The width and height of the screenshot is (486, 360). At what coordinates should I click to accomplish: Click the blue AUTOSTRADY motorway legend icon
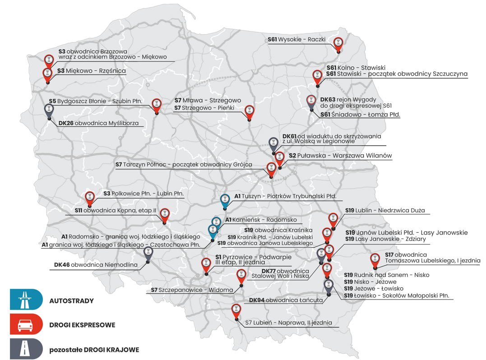pos(26,300)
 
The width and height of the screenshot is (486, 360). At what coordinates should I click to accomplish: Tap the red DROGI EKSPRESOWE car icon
pos(26,324)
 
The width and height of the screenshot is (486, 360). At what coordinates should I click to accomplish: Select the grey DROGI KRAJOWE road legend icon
pos(26,349)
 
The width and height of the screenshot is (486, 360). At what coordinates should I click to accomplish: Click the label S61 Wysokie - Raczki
pos(296,40)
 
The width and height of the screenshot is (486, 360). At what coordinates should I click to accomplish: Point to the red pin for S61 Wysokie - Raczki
pos(338,44)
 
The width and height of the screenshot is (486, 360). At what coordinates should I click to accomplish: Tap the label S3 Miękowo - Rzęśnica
pos(91,71)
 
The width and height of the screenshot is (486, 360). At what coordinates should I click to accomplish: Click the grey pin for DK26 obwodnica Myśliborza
pos(49,110)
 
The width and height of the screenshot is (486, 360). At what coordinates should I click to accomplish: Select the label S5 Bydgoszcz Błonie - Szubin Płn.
pos(95,102)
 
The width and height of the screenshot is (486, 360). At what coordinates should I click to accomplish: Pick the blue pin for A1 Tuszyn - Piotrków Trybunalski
pos(225,200)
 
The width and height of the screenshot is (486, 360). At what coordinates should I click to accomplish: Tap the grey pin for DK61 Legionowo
pos(273,143)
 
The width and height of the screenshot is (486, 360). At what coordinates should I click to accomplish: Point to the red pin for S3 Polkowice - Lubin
pos(90,197)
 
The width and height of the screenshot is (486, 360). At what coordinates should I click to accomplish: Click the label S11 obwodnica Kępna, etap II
pos(115,210)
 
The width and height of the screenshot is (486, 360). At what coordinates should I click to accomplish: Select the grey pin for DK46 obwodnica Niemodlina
pos(148,253)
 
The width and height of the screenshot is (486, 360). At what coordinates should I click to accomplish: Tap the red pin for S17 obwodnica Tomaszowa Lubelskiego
pos(375,259)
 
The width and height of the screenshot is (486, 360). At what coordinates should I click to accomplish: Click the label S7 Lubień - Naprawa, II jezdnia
pos(289,323)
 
